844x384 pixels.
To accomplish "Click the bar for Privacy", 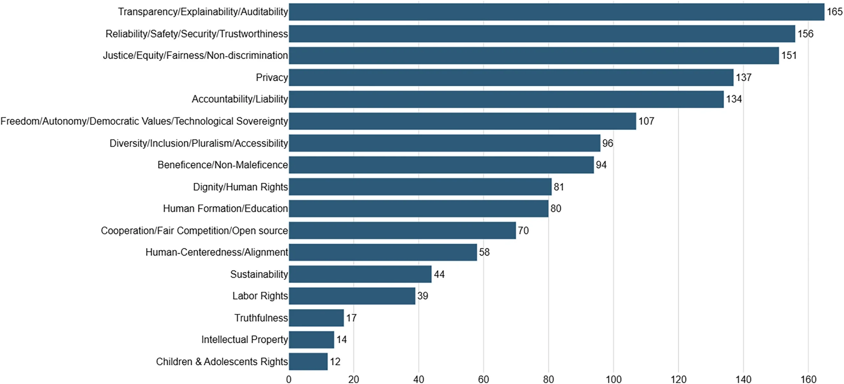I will [x=511, y=77].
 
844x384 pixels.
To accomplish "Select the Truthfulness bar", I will [x=316, y=318].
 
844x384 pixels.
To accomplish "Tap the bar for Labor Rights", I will [x=352, y=296].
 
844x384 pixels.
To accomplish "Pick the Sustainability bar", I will [x=360, y=274].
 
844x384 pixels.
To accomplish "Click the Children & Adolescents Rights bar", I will [x=308, y=362].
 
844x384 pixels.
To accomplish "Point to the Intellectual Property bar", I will [x=311, y=340].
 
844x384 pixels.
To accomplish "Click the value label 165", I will [x=834, y=12].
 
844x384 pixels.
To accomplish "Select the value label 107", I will [x=646, y=121].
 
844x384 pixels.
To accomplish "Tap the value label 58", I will [x=484, y=252].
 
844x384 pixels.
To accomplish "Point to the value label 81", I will [x=558, y=187].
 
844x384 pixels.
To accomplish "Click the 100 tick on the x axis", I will [x=613, y=379].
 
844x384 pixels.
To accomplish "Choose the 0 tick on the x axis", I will [x=289, y=379].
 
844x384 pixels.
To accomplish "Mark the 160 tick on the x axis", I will [x=808, y=379].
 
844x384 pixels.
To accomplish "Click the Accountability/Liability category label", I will [x=240, y=99].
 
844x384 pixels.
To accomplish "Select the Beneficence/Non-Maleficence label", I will [x=223, y=165].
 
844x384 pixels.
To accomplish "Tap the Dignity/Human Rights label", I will [x=240, y=187].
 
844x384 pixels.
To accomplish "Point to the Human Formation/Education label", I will [x=225, y=208].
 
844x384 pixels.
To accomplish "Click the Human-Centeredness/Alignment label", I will [x=217, y=252].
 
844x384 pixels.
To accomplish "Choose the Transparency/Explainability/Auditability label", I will [x=203, y=12].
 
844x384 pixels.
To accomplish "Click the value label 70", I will [x=523, y=230].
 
